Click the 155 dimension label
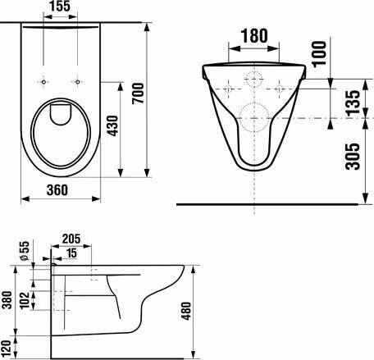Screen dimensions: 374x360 tap(60, 7)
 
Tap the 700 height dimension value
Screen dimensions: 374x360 tap(138, 93)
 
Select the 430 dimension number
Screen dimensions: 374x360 tap(112, 125)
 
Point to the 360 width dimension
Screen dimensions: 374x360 tap(57, 190)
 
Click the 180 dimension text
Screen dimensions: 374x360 tap(254, 35)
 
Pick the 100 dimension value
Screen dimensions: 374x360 tap(319, 54)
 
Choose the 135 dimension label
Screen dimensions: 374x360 tap(353, 103)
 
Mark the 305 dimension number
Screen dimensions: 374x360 tap(353, 157)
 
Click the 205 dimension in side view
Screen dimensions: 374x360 tap(71, 239)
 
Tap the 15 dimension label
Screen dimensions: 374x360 tap(71, 253)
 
